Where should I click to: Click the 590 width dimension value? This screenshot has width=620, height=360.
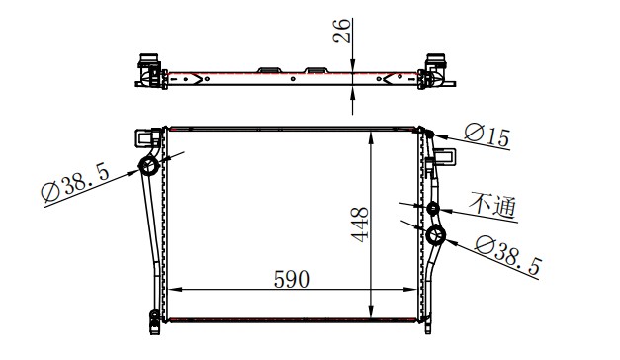[x=291, y=279]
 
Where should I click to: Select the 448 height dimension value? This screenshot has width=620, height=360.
[x=360, y=225]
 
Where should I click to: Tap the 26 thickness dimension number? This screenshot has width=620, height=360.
[x=341, y=31]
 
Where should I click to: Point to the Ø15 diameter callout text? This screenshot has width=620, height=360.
[x=487, y=135]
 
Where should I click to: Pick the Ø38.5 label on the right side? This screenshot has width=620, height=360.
[x=507, y=255]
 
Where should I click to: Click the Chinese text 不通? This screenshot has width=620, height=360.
[x=493, y=205]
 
